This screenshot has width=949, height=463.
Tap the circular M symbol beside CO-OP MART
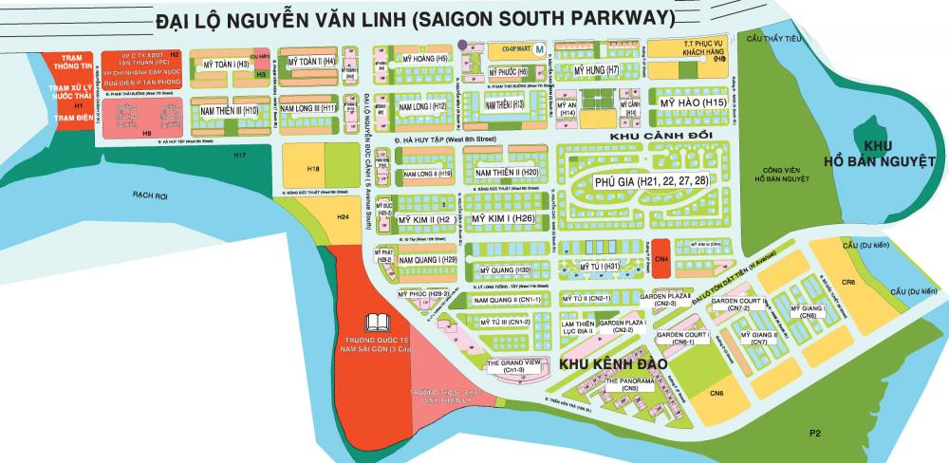pyautogui.click(x=539, y=48)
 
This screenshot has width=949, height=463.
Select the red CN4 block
pyautogui.click(x=661, y=258)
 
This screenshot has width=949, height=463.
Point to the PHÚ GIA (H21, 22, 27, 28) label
pyautogui.click(x=649, y=180)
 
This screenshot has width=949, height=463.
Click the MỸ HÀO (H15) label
pyautogui.click(x=689, y=102)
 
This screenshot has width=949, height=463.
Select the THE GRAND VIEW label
pyautogui.click(x=513, y=363)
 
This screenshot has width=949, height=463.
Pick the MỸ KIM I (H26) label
pyautogui.click(x=505, y=218)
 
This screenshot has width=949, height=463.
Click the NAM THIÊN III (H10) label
pyautogui.click(x=226, y=110)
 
